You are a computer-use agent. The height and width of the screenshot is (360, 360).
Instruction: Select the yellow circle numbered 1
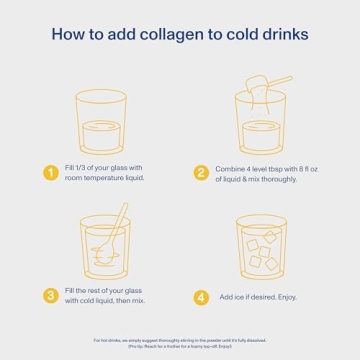50,172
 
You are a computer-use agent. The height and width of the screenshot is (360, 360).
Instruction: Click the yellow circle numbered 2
200,172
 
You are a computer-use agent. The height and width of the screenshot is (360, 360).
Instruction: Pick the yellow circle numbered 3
50,296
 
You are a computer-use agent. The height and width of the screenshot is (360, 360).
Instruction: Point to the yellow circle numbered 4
200,297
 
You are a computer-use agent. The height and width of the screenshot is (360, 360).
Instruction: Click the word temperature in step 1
106,178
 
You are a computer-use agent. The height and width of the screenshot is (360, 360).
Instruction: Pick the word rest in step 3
99,291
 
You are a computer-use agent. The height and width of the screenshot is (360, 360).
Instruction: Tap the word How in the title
68,36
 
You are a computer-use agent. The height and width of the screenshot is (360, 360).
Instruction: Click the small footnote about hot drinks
180,343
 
